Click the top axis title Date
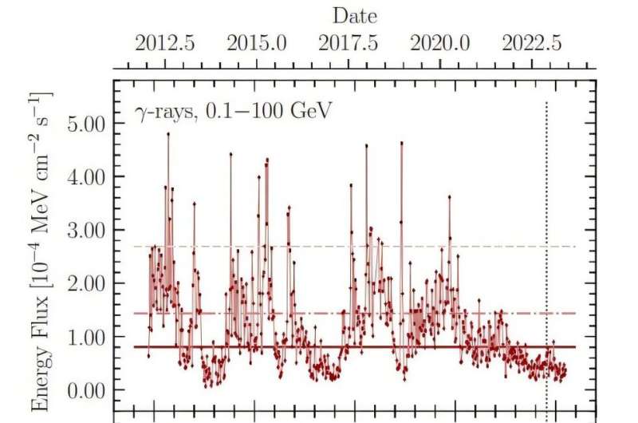354,16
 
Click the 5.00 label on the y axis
82,124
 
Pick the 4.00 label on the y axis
82,177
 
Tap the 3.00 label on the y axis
82,231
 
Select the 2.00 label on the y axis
82,284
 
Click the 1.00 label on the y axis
82,338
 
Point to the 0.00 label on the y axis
82,391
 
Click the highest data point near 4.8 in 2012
168,133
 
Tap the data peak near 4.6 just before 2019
401,143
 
